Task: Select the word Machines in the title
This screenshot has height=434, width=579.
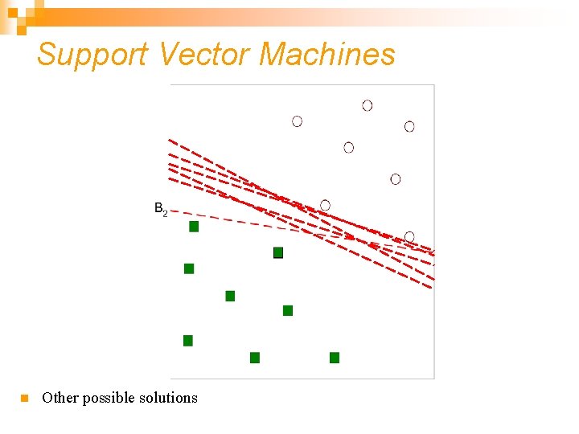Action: [x=327, y=55]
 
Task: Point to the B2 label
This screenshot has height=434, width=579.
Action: [x=160, y=209]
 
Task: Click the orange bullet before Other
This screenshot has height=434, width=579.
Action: [x=24, y=398]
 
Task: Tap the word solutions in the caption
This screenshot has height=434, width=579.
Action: [x=169, y=398]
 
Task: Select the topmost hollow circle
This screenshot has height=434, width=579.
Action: [x=368, y=105]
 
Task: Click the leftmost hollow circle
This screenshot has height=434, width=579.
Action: [x=298, y=121]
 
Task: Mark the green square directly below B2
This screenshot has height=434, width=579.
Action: [x=194, y=227]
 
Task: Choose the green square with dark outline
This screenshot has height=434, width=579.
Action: [x=278, y=252]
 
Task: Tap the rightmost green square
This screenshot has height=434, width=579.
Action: [x=335, y=358]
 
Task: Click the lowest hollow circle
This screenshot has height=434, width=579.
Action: [x=409, y=236]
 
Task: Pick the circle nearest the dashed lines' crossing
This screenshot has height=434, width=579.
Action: [x=325, y=205]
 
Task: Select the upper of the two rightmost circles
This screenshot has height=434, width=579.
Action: [x=409, y=126]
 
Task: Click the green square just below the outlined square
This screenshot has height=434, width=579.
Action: [x=288, y=310]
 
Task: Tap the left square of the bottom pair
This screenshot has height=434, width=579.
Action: [x=255, y=358]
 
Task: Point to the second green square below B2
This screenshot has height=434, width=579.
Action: [x=189, y=268]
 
